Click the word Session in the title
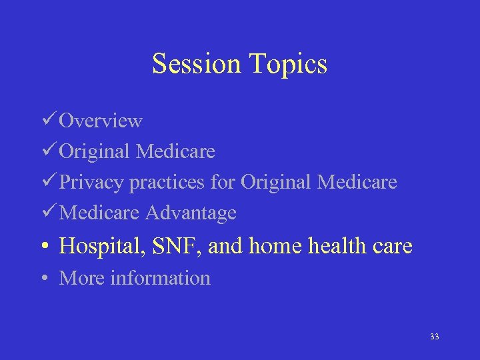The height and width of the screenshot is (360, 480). pyautogui.click(x=197, y=64)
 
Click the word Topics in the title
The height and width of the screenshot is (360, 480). pyautogui.click(x=289, y=64)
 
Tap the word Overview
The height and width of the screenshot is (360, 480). pyautogui.click(x=101, y=121)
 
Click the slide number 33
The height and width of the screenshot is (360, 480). pyautogui.click(x=435, y=337)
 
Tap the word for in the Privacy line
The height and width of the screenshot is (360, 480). pyautogui.click(x=223, y=182)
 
